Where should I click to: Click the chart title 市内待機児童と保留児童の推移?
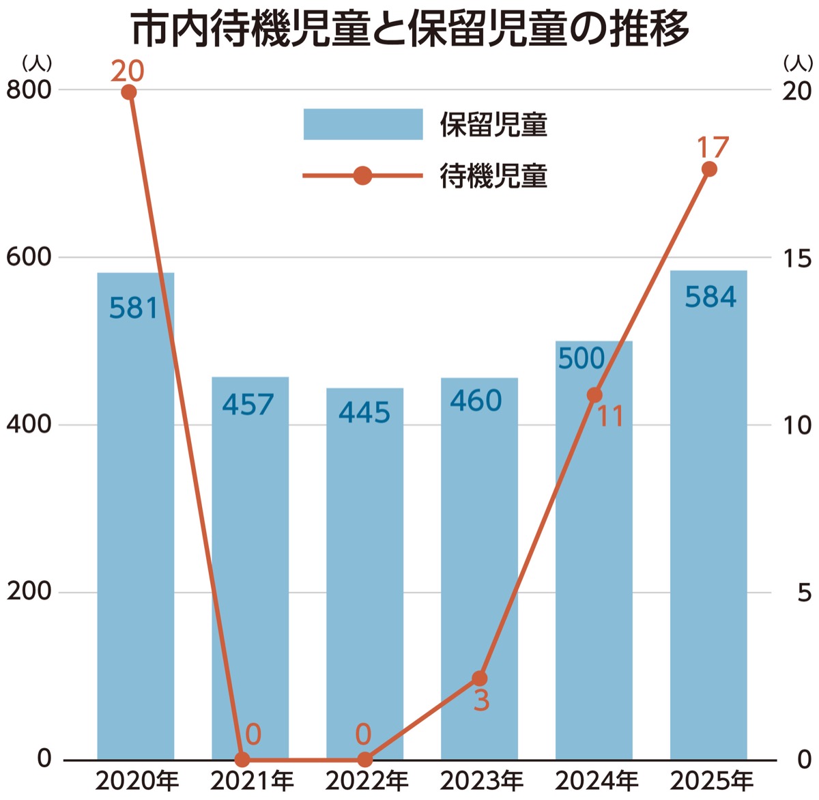coord(409,29)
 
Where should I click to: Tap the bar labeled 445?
coord(364,573)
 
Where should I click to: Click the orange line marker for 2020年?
coord(129,92)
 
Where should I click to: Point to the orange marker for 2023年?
coord(480,678)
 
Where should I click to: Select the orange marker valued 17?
coord(709,169)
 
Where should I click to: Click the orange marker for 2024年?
coord(594,395)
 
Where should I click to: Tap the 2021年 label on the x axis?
coord(252,780)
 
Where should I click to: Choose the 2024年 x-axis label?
coord(596,780)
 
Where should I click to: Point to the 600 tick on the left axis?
coord(29,257)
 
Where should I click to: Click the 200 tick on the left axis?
coord(29,592)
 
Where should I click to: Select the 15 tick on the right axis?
coord(796,258)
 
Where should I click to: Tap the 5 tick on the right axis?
coord(804,592)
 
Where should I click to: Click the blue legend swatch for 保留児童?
coord(362,124)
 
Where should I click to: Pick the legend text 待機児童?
coord(493,176)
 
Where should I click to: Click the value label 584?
coord(710,297)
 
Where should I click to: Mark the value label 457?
coord(248,405)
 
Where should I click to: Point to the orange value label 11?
coord(610,417)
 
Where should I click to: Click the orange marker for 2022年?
coord(365,759)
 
